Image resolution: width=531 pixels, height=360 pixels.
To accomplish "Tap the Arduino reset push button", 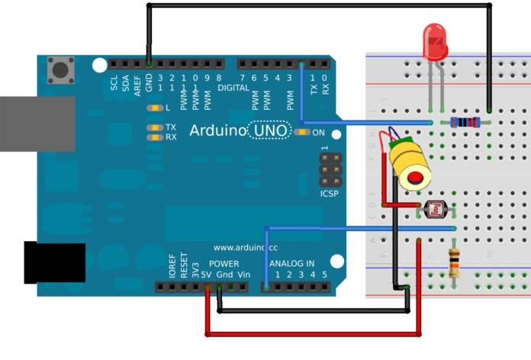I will [x=59, y=70].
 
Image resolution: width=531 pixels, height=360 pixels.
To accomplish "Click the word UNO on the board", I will [x=270, y=131].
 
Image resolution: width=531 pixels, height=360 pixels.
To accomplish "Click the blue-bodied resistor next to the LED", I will [x=465, y=122].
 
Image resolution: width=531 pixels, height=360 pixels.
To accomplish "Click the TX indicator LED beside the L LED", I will [x=154, y=127].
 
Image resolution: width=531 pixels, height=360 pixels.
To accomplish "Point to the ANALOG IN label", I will [x=298, y=262].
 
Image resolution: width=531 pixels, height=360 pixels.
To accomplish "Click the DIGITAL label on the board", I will [x=233, y=87].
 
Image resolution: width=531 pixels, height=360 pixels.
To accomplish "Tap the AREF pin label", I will [x=137, y=83].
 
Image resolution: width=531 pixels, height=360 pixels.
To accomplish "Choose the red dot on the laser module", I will [x=416, y=178].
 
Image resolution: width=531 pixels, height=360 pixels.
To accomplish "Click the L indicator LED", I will [x=154, y=108].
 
